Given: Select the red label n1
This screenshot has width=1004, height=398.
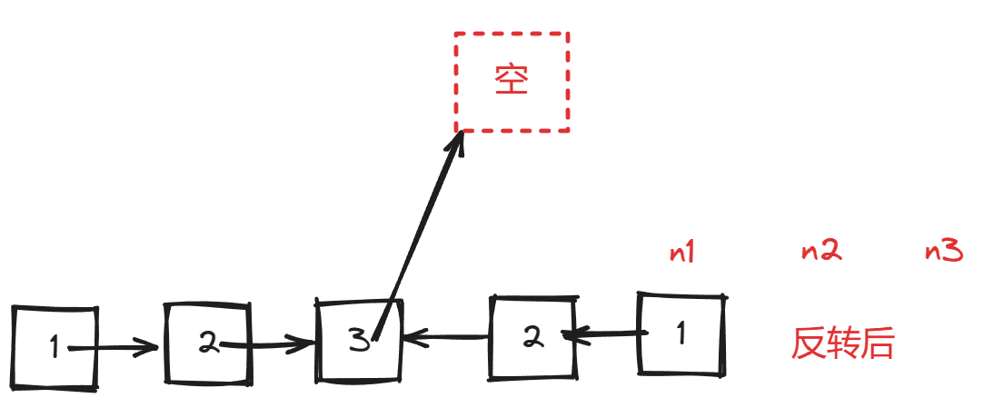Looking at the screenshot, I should point(681,252).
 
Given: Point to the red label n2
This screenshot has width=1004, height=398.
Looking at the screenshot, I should point(820,252).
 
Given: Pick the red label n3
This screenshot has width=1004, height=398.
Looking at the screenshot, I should point(944,252).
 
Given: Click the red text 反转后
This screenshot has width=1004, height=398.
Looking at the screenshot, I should point(843,344).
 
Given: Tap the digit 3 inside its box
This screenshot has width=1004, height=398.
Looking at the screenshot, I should point(360,344).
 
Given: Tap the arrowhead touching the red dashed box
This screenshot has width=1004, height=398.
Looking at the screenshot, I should point(459,141).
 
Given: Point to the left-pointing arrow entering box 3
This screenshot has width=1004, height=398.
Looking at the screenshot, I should point(445,339).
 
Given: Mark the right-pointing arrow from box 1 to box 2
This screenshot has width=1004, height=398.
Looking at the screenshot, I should point(114,346).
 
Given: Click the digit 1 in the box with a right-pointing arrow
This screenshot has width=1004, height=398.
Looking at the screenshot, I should point(55,346).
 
